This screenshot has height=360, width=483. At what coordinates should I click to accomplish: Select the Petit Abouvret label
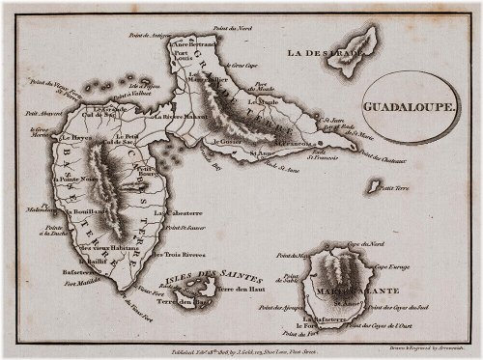(57, 113)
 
